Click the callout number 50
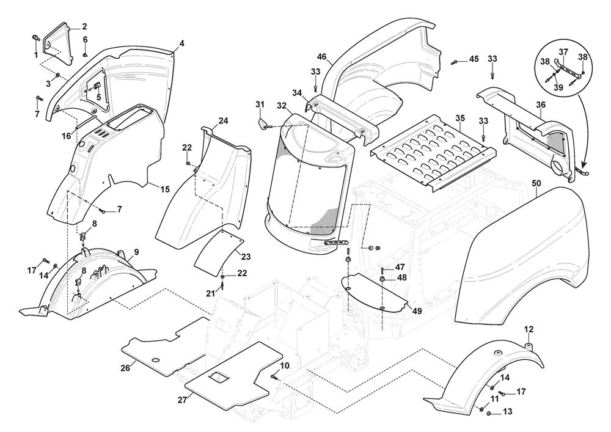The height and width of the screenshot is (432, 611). point(536,183)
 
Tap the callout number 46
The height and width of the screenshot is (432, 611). point(322,57)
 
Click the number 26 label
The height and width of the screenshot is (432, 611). point(125,368)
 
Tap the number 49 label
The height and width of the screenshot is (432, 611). point(417,310)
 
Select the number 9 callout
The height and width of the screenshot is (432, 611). point(136,252)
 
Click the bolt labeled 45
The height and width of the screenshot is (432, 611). point(456,62)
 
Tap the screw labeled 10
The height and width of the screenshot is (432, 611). point(276,377)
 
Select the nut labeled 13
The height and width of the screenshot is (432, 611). point(490,414)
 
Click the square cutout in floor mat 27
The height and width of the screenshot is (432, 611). point(217,379)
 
